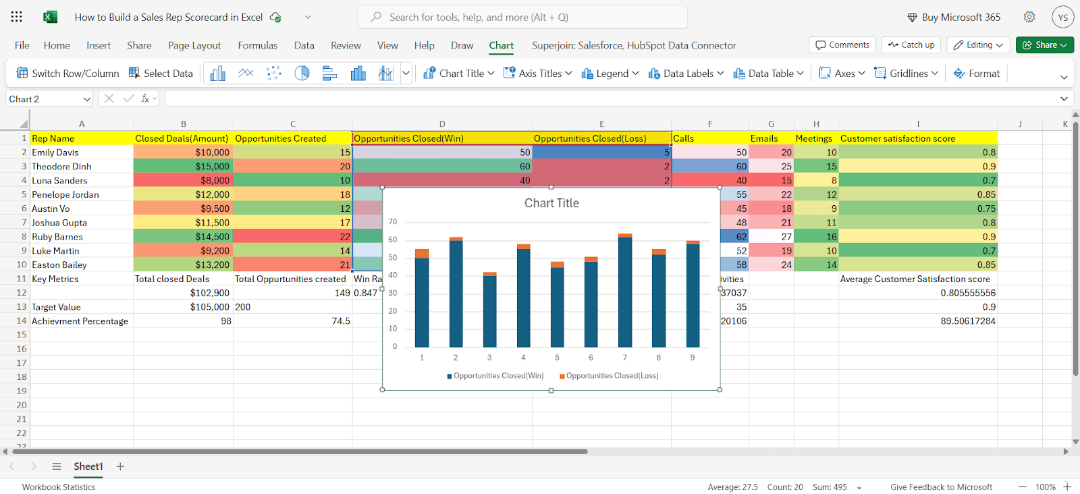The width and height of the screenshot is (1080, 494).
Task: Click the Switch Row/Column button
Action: point(67,74)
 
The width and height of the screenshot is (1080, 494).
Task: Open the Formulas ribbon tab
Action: point(257,45)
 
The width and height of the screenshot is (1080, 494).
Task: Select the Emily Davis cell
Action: point(82,153)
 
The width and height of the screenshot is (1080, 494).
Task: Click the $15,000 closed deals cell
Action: point(183,166)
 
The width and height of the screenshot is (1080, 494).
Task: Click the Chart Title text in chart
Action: point(551,203)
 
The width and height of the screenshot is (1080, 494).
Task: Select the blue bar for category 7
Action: point(625,292)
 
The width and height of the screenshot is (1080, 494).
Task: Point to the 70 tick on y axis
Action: point(393,222)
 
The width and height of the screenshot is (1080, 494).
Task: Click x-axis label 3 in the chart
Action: point(489,358)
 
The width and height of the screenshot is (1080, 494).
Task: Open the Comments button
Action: point(842,45)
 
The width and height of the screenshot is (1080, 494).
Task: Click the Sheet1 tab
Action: point(88,466)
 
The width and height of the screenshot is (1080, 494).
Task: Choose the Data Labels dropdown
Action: point(686,74)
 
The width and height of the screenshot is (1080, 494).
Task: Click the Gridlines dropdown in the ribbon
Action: point(907,74)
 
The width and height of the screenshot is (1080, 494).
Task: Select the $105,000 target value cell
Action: point(183,307)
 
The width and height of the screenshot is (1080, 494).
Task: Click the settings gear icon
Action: point(1029,18)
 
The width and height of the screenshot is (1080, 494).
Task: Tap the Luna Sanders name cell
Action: point(82,180)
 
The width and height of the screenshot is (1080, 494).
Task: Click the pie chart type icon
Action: point(302,74)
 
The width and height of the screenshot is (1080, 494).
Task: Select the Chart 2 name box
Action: point(49,99)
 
